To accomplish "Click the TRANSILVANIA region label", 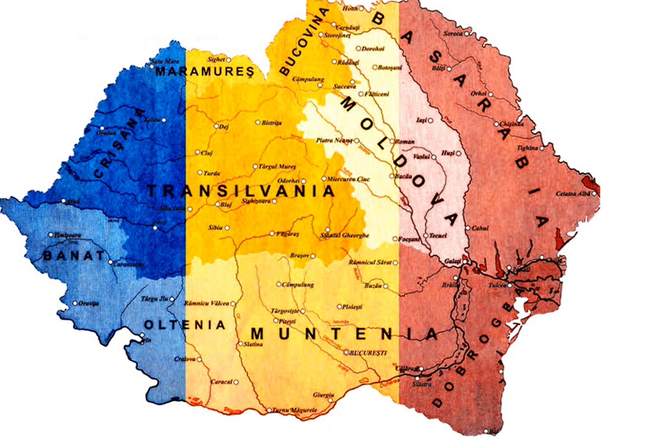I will pos(241,191).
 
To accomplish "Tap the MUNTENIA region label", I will pos(344,334).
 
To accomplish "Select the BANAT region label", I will pos(74,256).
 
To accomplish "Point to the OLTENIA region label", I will pos(185,325).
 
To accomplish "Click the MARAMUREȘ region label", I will pos(205,72).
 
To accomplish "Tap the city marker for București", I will pos(346,352).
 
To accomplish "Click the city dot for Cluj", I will pos(197,152).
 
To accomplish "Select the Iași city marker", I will pos(430,121).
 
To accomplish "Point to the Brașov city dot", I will pos(313,256).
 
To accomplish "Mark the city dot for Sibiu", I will pos(227,228).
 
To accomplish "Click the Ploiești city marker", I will pos(339,307).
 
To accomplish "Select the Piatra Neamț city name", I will pos(334,140).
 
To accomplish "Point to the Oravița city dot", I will pos(75,303).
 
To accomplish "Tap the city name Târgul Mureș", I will pos(277,167).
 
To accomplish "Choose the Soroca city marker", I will pos(466,33).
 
